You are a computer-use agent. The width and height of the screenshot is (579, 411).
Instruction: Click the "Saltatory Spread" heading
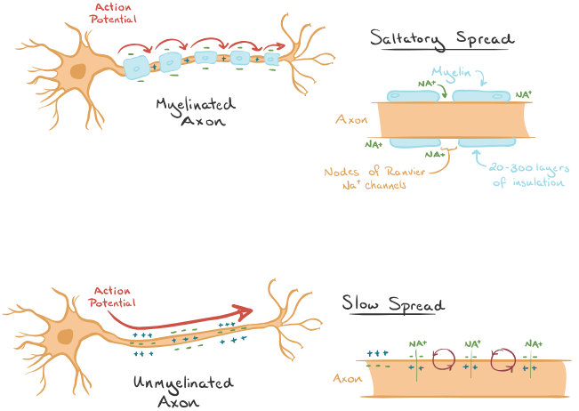click(443, 39)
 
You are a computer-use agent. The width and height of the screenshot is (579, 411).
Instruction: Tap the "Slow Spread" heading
click(394, 304)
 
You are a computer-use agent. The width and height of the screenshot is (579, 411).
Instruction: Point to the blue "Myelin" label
click(452, 72)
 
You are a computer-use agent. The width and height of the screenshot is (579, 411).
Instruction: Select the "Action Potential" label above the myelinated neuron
click(109, 12)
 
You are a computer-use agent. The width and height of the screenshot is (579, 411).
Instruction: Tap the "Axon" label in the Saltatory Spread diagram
click(351, 118)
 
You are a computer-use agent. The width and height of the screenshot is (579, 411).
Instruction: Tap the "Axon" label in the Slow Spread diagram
click(347, 378)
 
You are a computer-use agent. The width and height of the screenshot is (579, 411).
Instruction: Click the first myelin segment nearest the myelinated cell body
click(141, 63)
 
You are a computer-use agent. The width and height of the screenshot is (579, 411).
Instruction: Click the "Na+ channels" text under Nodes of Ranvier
click(380, 186)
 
